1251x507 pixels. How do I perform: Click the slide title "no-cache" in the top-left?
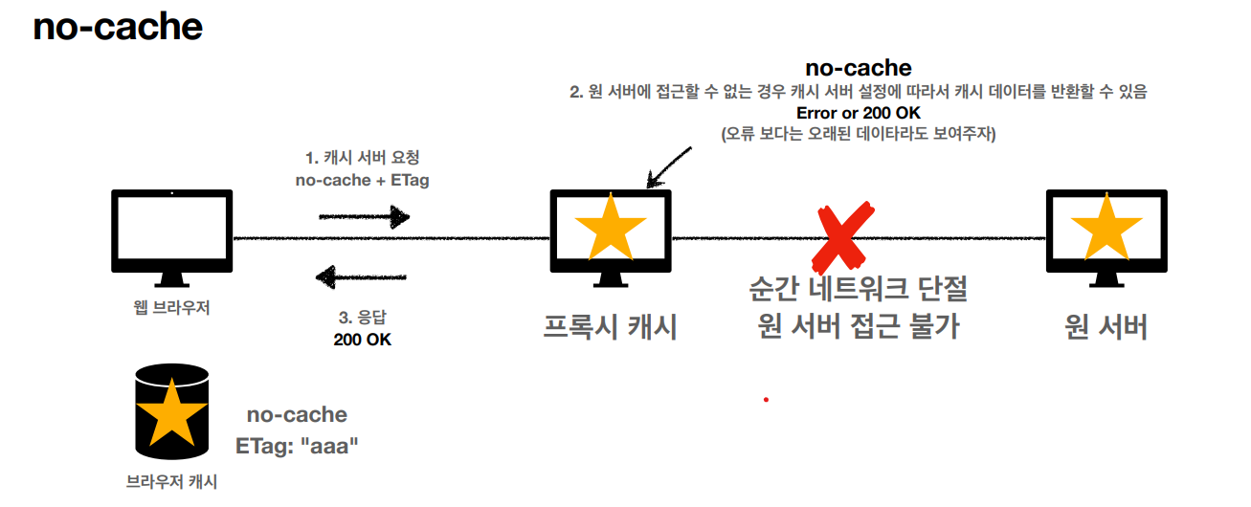118,27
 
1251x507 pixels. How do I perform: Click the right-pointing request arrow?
364,217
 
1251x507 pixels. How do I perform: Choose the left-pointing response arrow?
364,278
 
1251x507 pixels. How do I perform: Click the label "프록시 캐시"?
610,327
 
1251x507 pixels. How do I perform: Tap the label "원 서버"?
1106,327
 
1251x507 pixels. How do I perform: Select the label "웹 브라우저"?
171,308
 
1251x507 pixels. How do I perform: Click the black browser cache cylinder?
171,411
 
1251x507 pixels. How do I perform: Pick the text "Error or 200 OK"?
859,114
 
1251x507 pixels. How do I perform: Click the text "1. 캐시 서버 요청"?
362,158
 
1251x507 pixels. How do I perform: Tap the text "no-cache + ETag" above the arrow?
362,180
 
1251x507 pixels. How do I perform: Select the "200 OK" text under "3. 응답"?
362,340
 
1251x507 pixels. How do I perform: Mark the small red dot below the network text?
766,399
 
